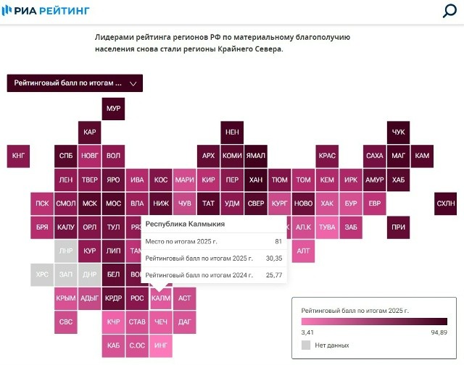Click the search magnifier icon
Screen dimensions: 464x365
pos(449,11)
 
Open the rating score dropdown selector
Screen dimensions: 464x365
pos(75,83)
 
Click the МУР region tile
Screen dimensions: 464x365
pos(113,109)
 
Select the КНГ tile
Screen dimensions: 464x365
pos(18,156)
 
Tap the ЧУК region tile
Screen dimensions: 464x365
pos(398,133)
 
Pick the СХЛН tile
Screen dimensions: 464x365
pos(446,204)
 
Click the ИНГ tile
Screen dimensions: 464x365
pos(161,345)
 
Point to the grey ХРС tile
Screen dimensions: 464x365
pos(42,274)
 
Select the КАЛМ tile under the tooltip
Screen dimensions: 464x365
pos(161,298)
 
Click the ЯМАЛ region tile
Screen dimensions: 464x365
pos(256,156)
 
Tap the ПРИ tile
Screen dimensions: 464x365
pos(398,227)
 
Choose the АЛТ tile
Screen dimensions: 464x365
pos(303,251)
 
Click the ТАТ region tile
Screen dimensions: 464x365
pos(208,204)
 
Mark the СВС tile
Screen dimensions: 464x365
pos(66,322)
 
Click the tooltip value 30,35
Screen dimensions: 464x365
pos(274,259)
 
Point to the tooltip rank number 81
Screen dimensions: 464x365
pos(278,241)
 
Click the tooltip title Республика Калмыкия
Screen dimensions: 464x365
pos(185,224)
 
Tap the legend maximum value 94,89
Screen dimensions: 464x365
pos(439,332)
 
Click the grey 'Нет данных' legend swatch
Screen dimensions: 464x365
pos(306,345)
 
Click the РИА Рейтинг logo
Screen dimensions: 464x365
pos(46,11)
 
